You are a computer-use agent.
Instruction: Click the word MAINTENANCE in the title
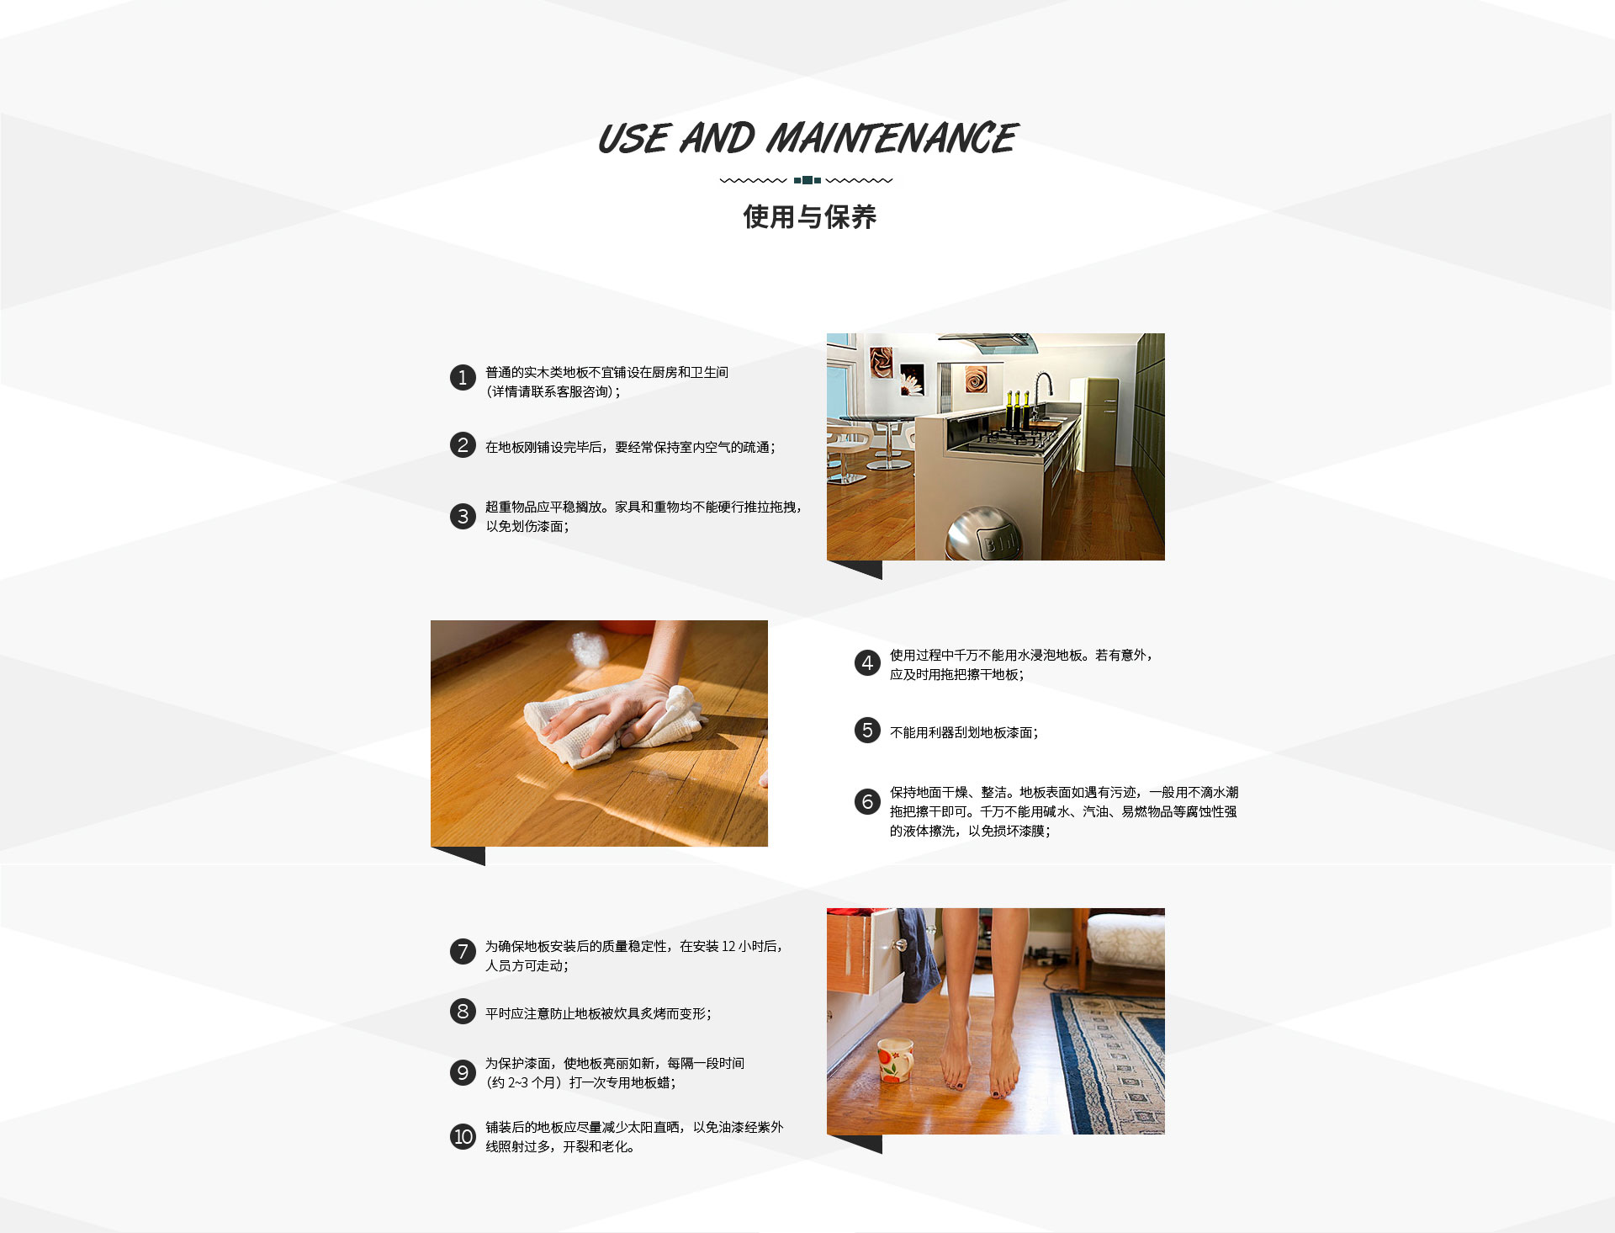click(x=892, y=139)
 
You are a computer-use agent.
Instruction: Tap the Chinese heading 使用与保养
click(x=809, y=217)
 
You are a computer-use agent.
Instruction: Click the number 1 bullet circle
click(x=463, y=378)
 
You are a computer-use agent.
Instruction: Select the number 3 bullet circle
click(x=463, y=516)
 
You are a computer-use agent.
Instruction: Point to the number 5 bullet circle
click(x=867, y=731)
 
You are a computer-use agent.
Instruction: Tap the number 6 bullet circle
click(x=867, y=801)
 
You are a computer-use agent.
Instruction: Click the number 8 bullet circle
click(x=463, y=1011)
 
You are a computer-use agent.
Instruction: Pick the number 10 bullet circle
click(x=463, y=1137)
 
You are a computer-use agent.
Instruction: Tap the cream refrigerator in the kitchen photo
click(x=1093, y=423)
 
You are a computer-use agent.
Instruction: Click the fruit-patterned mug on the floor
click(x=895, y=1060)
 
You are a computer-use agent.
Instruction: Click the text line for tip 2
click(x=630, y=448)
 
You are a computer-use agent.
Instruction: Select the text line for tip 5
click(x=964, y=733)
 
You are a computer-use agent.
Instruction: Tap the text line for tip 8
click(x=598, y=1014)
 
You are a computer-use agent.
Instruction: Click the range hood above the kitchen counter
click(x=988, y=342)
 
